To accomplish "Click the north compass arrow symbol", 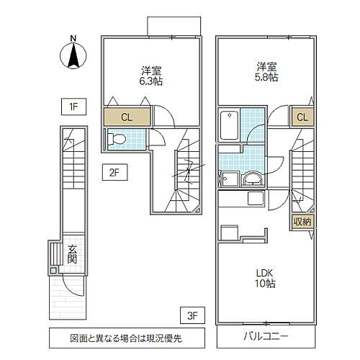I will pyautogui.click(x=72, y=56).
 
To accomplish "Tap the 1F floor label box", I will pyautogui.click(x=72, y=109).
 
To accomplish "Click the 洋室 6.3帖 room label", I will pyautogui.click(x=150, y=76).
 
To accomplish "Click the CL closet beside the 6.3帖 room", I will pyautogui.click(x=126, y=117).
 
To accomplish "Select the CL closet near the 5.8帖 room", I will pyautogui.click(x=302, y=117).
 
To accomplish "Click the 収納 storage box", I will pyautogui.click(x=302, y=222).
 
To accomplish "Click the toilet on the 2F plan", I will pyautogui.click(x=117, y=138).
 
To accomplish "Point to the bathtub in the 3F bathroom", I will pyautogui.click(x=228, y=125).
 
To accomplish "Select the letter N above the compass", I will pyautogui.click(x=72, y=40).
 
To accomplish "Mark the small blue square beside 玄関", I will pyautogui.click(x=53, y=271).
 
